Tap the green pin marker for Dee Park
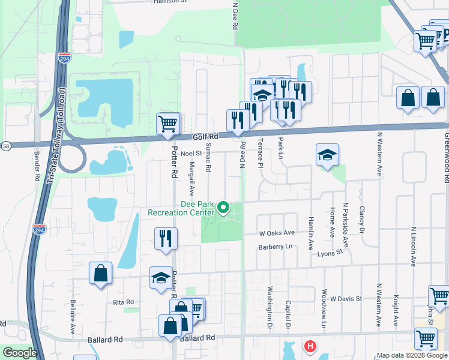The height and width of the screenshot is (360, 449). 224,208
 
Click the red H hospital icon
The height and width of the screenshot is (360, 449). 310,346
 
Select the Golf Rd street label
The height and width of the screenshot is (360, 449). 205,137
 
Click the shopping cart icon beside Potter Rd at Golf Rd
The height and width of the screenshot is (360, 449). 168,124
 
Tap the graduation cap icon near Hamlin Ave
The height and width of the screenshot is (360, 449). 328,156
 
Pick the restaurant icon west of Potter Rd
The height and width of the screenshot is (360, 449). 164,238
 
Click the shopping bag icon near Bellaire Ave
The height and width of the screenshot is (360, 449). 100,273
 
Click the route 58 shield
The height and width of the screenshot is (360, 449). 5,145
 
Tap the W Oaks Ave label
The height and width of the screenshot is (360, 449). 277,233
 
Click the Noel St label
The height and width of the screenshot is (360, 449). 191,154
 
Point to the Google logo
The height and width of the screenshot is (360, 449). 19,353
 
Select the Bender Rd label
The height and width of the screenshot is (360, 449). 37,165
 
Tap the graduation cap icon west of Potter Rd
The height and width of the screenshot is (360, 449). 160,278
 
